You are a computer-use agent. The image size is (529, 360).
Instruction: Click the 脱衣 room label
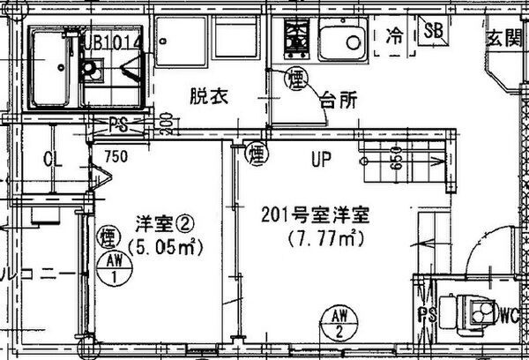[x=209, y=98]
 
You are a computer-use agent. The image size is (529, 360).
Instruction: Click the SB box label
[x=434, y=31]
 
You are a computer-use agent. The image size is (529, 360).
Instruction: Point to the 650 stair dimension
[x=398, y=161]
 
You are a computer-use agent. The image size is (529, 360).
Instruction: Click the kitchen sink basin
[x=341, y=39]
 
